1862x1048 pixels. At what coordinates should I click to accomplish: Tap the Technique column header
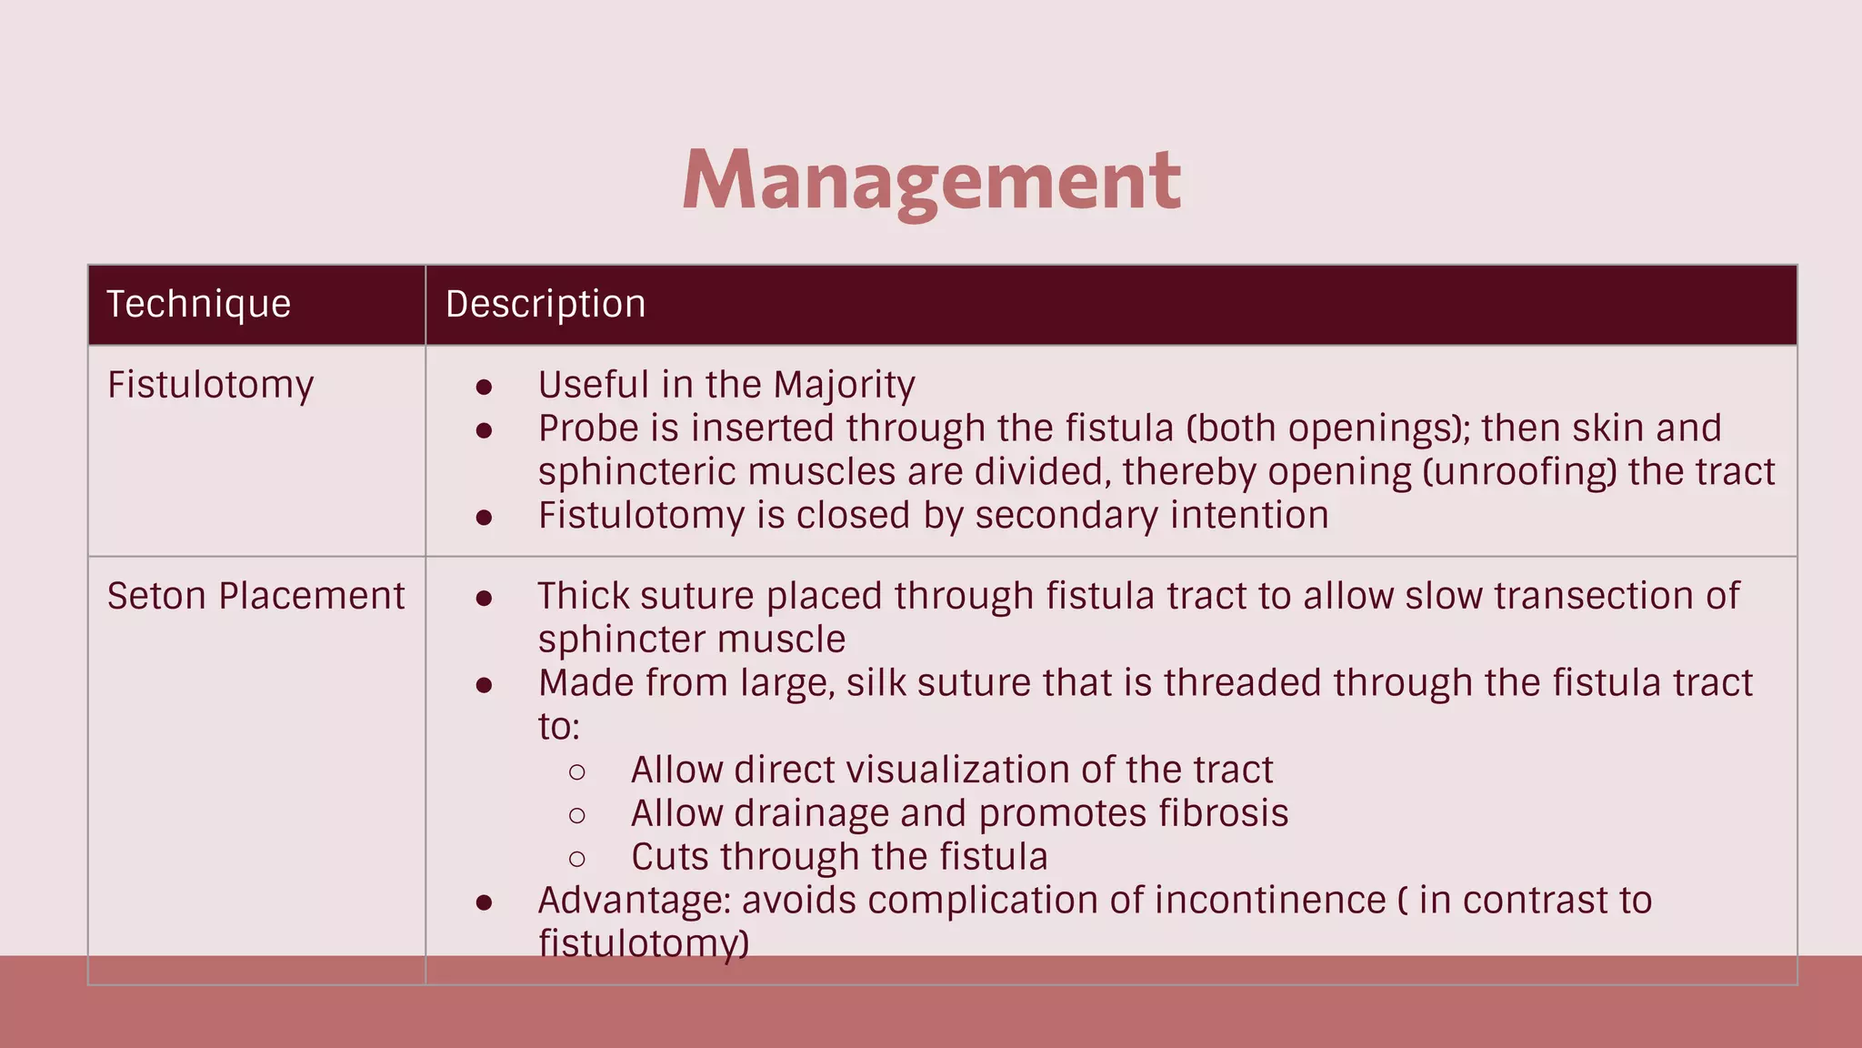tap(198, 304)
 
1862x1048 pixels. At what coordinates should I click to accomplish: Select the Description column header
tap(546, 304)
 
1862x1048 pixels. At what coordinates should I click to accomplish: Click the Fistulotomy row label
tap(210, 385)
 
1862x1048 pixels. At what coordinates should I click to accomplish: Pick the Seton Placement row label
tap(255, 596)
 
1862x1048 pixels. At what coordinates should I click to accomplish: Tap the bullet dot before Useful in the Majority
tap(484, 388)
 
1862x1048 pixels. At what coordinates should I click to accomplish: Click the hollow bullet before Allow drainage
tap(577, 815)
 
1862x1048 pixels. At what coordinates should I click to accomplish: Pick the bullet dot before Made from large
tap(484, 685)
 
